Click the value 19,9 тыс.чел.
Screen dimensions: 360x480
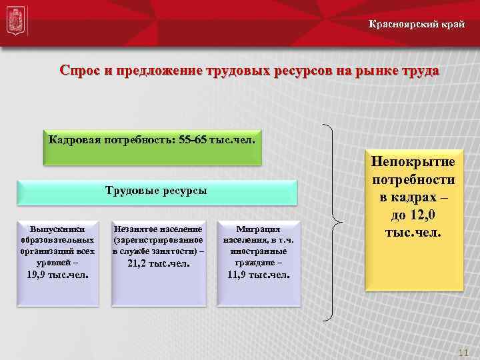pyautogui.click(x=57, y=274)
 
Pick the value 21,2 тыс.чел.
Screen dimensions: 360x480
pyautogui.click(x=158, y=264)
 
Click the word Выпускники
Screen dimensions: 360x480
pyautogui.click(x=57, y=227)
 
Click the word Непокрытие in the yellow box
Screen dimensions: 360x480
pyautogui.click(x=413, y=162)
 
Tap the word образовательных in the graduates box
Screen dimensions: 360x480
pyautogui.click(x=57, y=239)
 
